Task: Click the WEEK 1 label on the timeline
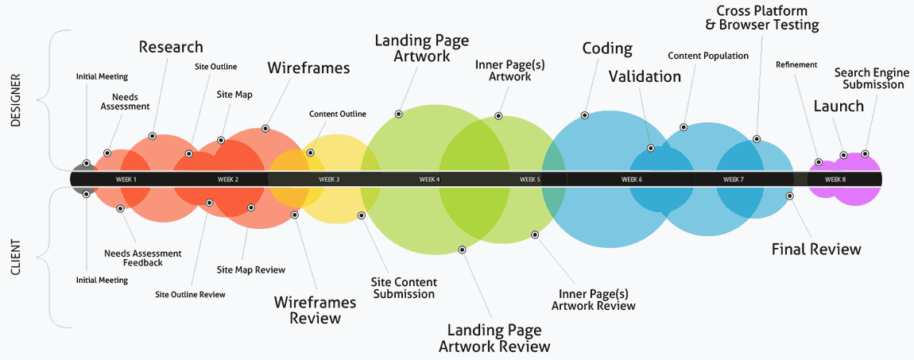pos(126,180)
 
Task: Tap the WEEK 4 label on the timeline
pos(430,180)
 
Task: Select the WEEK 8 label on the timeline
pos(835,180)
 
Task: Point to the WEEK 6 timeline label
pos(632,180)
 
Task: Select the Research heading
pos(171,47)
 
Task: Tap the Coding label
pos(607,48)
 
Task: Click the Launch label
pos(838,106)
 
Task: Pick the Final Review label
pos(816,250)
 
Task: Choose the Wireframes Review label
pos(308,310)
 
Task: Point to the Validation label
pos(645,76)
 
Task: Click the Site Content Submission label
pos(404,288)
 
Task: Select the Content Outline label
pos(338,114)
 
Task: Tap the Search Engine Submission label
pos(869,79)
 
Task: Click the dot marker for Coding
pos(584,115)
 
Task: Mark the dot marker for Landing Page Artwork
pos(399,114)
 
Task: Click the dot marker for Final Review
pos(789,195)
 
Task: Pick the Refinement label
pos(796,65)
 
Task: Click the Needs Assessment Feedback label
pos(143,257)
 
